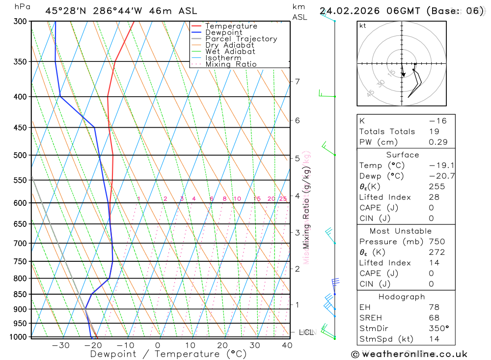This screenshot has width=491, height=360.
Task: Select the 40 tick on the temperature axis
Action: pyautogui.click(x=287, y=345)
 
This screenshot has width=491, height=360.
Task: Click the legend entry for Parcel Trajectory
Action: pyautogui.click(x=241, y=39)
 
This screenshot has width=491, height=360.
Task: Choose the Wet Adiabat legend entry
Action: pyautogui.click(x=230, y=52)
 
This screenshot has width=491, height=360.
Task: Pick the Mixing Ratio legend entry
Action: pyautogui.click(x=231, y=64)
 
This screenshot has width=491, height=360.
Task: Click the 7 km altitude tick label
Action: pyautogui.click(x=297, y=82)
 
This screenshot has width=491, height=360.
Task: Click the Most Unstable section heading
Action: pyautogui.click(x=401, y=231)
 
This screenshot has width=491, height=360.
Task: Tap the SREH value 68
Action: pyautogui.click(x=434, y=318)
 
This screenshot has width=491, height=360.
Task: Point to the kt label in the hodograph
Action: pyautogui.click(x=362, y=26)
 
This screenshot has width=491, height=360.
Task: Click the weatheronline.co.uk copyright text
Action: pyautogui.click(x=409, y=354)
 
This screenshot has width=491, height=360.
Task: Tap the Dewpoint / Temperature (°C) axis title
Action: pyautogui.click(x=168, y=354)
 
